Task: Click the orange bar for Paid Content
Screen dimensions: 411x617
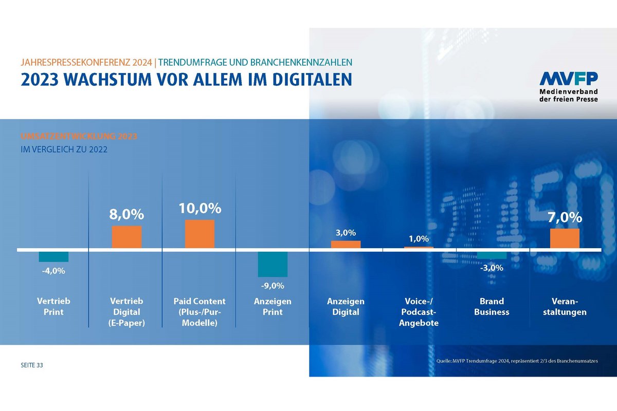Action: (x=199, y=234)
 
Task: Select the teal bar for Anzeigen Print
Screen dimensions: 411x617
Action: (x=273, y=264)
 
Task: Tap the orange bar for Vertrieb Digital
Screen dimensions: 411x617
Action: (x=126, y=237)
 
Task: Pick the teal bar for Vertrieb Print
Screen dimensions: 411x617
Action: (x=53, y=257)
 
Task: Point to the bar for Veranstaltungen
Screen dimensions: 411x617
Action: (x=565, y=239)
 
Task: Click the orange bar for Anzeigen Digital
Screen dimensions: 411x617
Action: (x=346, y=245)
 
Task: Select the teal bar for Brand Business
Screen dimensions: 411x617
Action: (x=492, y=255)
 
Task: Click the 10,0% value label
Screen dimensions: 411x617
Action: (x=200, y=209)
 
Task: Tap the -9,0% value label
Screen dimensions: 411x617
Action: (x=273, y=286)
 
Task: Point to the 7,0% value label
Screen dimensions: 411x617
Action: (x=565, y=217)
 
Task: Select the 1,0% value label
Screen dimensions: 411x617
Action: (x=419, y=239)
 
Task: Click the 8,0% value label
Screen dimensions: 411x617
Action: (x=126, y=214)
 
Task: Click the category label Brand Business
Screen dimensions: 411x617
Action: (x=492, y=307)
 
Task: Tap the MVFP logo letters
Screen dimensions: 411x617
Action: (x=568, y=79)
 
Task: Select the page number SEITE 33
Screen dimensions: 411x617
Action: (x=32, y=365)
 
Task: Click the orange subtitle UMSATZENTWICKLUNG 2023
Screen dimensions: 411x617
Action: (x=79, y=137)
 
